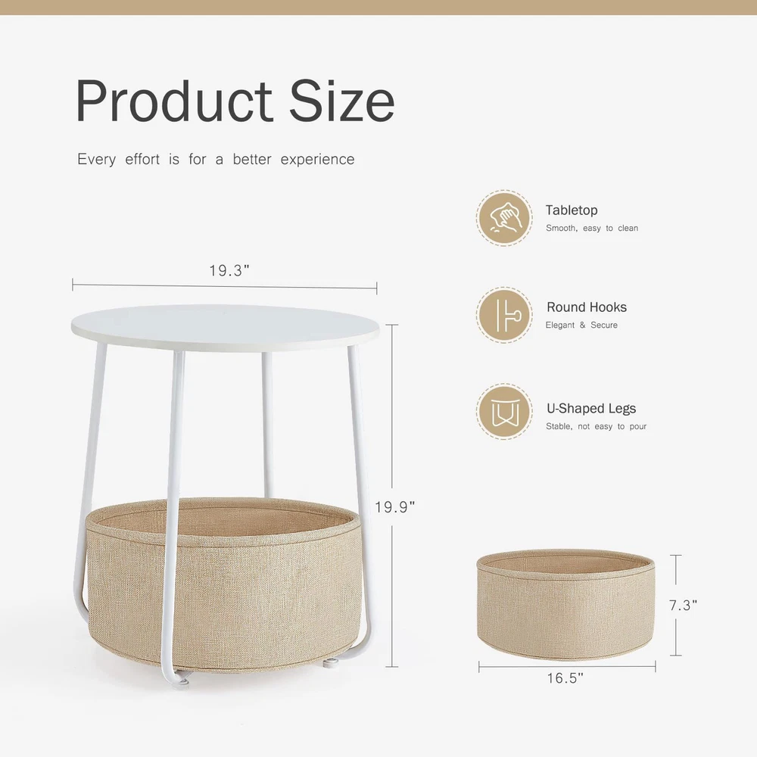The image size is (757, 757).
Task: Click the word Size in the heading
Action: point(342,101)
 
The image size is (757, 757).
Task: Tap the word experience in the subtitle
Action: point(318,160)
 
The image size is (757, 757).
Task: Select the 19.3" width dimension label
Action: point(229,270)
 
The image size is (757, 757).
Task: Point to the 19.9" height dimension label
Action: point(395,507)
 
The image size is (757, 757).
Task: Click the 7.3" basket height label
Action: point(683,605)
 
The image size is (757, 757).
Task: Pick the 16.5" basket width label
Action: point(565,678)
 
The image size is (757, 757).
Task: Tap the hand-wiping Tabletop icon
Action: point(504,218)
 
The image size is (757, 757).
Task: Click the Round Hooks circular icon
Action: point(504,315)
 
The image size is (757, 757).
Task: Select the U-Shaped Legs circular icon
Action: point(504,412)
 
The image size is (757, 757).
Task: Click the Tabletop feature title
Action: point(572,210)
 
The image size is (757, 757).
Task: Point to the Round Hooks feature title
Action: point(587,307)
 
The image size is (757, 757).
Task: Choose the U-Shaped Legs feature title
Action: point(591,409)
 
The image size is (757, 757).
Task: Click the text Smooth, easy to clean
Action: point(592,228)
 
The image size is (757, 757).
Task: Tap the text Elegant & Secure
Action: point(581,325)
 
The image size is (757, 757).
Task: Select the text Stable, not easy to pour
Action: point(597,426)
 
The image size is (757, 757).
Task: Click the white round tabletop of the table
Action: point(225,327)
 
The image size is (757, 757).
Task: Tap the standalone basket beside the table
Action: point(565,604)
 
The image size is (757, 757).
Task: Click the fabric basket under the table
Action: point(223,584)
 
